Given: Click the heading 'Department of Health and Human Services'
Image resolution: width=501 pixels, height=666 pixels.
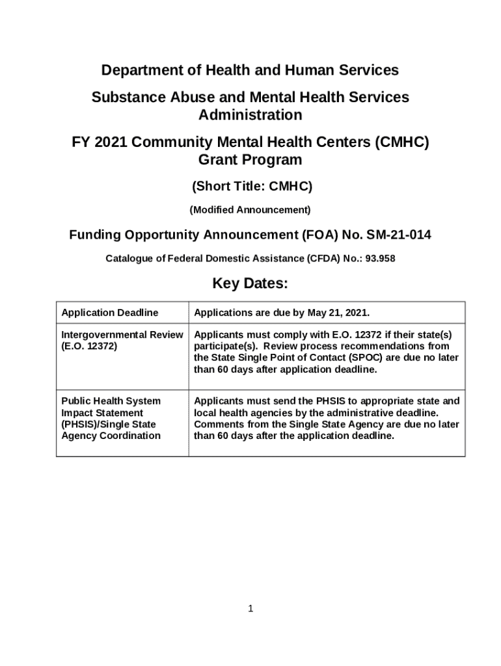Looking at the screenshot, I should pyautogui.click(x=250, y=70).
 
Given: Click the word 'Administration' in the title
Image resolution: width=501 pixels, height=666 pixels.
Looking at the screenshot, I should pyautogui.click(x=250, y=115).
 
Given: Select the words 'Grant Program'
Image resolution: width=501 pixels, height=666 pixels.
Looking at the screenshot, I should pyautogui.click(x=250, y=160).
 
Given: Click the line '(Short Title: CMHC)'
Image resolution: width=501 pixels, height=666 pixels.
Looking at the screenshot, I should pyautogui.click(x=252, y=187).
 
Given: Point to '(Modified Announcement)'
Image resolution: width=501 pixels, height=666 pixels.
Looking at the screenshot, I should pyautogui.click(x=250, y=210).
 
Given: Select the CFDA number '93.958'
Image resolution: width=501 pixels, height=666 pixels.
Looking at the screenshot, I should pyautogui.click(x=381, y=258).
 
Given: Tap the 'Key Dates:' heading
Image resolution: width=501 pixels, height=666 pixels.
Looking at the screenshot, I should pyautogui.click(x=250, y=284).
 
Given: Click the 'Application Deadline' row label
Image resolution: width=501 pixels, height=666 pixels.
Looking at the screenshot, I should pyautogui.click(x=109, y=313).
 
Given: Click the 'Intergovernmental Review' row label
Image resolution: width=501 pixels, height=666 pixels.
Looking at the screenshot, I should pyautogui.click(x=122, y=334).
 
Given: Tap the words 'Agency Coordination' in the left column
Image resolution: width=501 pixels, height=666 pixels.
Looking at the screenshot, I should pyautogui.click(x=111, y=436).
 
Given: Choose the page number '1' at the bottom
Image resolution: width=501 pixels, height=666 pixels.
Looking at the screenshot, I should pyautogui.click(x=251, y=609).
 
